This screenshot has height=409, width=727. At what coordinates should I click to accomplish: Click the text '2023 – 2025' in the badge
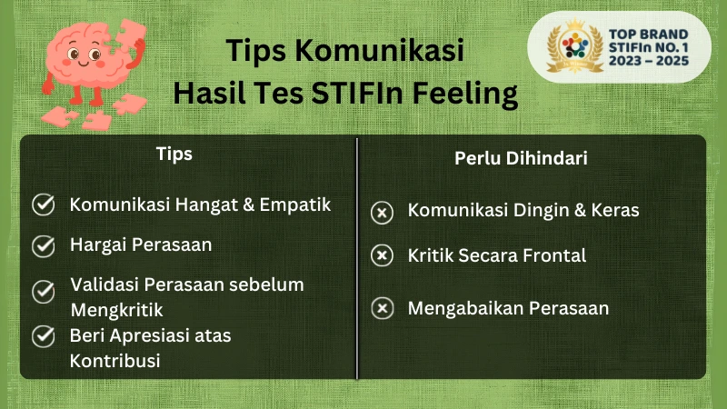coord(648,61)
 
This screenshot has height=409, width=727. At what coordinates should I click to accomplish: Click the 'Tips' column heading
coord(174,154)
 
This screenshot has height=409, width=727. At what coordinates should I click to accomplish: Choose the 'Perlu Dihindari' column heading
coord(521,158)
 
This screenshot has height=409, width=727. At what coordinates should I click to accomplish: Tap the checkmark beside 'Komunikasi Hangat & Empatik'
coord(43,204)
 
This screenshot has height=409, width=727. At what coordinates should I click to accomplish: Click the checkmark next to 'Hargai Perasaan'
coord(43,245)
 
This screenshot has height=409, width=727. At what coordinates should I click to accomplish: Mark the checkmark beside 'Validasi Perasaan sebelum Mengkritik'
coord(43,292)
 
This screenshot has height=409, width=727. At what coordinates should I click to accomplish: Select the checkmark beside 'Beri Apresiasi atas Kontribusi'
coord(43,336)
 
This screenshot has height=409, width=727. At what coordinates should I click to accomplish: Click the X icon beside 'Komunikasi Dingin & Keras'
coord(383,213)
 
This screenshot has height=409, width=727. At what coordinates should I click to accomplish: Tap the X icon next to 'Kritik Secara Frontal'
coord(383,255)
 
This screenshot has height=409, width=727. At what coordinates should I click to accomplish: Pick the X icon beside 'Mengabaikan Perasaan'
coord(383,309)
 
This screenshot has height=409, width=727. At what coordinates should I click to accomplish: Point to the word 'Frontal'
coord(553,255)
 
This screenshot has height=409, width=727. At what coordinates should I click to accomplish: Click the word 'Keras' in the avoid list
coord(614,210)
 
